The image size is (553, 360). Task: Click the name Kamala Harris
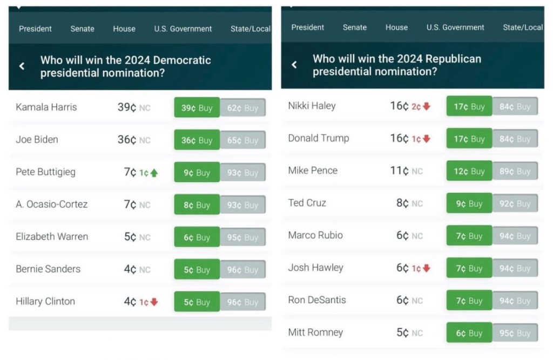click(x=46, y=107)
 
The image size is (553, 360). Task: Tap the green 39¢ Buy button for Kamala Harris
click(x=197, y=108)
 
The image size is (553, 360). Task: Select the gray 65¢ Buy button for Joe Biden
click(x=242, y=140)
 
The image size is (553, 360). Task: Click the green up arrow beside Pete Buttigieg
click(x=154, y=173)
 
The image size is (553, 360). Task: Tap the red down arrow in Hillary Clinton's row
click(x=154, y=302)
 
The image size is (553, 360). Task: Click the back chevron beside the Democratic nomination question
click(x=22, y=66)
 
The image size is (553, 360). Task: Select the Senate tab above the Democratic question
click(x=82, y=29)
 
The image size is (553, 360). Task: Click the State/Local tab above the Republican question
click(x=522, y=27)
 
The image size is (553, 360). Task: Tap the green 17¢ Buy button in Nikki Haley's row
click(x=469, y=106)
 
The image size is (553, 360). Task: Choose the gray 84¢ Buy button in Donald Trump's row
click(x=515, y=139)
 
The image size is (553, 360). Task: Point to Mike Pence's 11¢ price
click(x=399, y=171)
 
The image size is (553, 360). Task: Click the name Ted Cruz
click(x=307, y=203)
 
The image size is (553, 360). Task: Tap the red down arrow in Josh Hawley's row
click(x=427, y=268)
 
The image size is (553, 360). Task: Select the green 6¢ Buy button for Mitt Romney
click(x=469, y=333)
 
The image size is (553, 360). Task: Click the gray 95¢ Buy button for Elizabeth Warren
click(x=242, y=237)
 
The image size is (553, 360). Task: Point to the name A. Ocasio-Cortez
click(x=52, y=205)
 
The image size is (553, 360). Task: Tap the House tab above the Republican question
click(x=396, y=27)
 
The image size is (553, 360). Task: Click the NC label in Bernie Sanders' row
click(x=145, y=270)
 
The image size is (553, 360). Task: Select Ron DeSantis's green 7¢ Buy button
click(x=469, y=301)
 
